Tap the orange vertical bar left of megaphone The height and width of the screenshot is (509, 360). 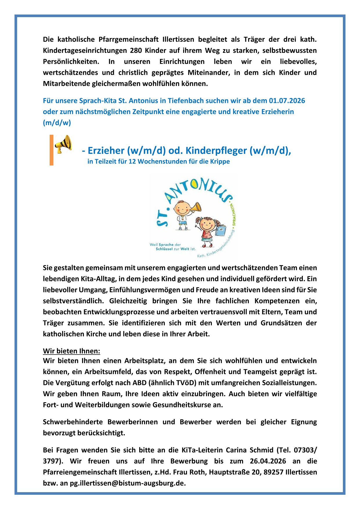coord(51,150)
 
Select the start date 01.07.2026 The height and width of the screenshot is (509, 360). coord(287,101)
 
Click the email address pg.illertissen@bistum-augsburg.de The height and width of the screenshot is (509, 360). coord(128,483)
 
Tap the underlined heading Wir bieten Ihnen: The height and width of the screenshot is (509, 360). coord(71,351)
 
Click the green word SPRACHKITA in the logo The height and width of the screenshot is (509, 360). coord(233,215)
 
